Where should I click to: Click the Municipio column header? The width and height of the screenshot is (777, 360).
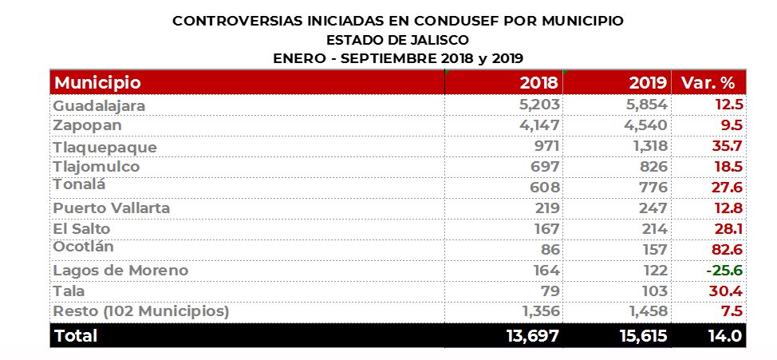(x=97, y=82)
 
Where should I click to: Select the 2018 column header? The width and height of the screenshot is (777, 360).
(x=538, y=82)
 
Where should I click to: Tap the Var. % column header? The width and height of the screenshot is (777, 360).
(x=707, y=82)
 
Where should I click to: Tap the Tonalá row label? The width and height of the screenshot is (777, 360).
(x=80, y=185)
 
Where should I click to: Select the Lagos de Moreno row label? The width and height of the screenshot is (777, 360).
(x=120, y=271)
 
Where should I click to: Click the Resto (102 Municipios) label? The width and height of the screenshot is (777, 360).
(x=140, y=311)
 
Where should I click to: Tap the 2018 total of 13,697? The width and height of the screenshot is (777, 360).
(x=532, y=336)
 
